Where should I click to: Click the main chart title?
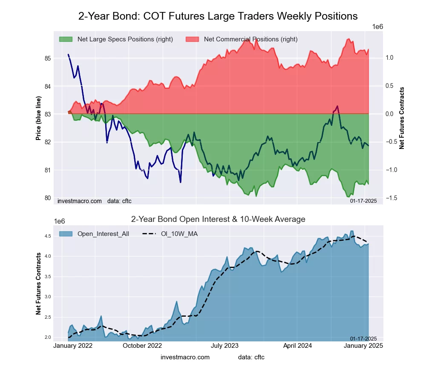click(x=218, y=16)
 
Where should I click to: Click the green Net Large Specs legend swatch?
click(x=66, y=39)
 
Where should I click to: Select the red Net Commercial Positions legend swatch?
click(x=192, y=39)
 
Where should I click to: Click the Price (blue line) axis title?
click(x=38, y=119)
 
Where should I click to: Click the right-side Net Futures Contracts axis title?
click(x=401, y=118)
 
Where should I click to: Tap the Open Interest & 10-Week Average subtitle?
click(x=218, y=219)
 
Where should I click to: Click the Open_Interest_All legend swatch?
click(x=66, y=234)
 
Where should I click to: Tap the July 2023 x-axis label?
click(x=225, y=346)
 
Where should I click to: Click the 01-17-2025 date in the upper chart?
click(x=363, y=201)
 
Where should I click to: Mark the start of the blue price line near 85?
click(x=68, y=55)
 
